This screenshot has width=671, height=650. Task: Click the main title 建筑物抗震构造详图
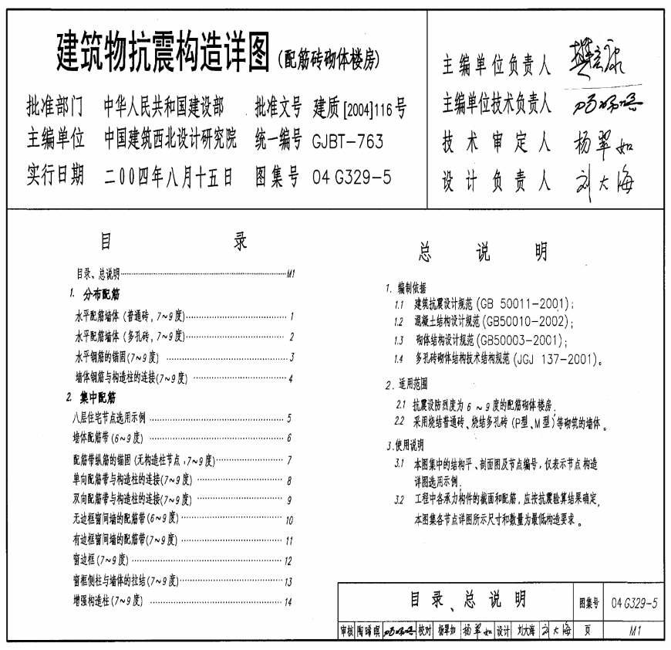tap(162, 52)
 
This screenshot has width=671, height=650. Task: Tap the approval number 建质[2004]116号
tap(359, 107)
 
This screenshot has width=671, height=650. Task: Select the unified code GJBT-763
tap(347, 141)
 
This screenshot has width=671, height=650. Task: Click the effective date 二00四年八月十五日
tap(168, 178)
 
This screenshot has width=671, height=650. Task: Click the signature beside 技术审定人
tap(604, 141)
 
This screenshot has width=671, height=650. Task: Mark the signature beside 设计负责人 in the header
tap(604, 181)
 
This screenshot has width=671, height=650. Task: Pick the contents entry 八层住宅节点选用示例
tap(107, 418)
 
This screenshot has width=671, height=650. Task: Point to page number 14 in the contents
tap(288, 602)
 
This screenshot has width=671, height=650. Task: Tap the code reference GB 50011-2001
tap(524, 303)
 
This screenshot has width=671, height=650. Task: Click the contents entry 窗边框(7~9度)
tap(99, 560)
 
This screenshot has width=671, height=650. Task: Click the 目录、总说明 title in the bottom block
tap(457, 599)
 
